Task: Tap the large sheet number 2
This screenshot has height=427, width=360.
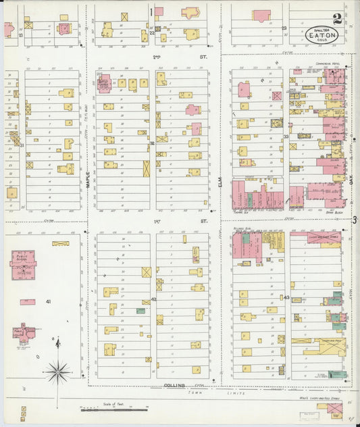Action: click(336, 18)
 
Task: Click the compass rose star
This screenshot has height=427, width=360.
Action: click(58, 370)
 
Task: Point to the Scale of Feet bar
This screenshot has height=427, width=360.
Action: click(113, 408)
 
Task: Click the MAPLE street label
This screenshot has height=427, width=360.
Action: click(88, 178)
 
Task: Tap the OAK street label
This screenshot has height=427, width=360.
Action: click(352, 180)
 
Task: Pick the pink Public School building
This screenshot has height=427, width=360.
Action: click(23, 264)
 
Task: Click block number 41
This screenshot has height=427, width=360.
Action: click(48, 301)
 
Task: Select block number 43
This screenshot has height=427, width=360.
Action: click(286, 297)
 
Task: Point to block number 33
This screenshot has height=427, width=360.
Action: click(286, 136)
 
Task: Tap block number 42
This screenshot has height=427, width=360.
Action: click(153, 298)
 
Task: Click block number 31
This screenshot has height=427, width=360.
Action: click(22, 145)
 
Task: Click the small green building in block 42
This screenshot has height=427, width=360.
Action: click(140, 311)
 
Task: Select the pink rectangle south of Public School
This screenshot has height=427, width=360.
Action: click(28, 302)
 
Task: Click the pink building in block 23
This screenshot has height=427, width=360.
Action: click(261, 15)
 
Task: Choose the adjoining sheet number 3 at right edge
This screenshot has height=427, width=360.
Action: click(354, 218)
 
